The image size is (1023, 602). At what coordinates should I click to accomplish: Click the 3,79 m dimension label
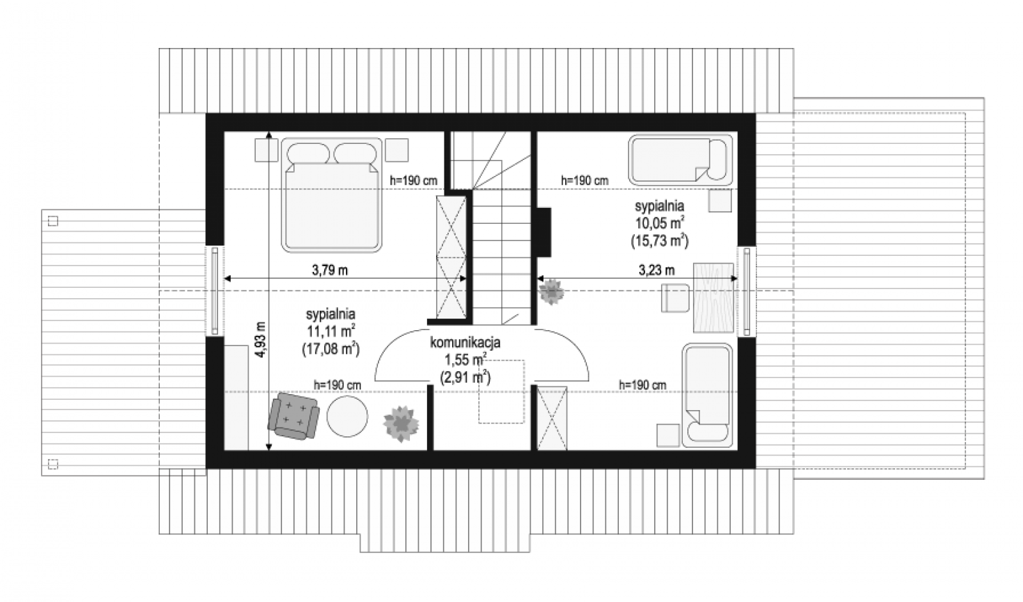330,270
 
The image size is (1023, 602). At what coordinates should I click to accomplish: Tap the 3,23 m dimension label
656,270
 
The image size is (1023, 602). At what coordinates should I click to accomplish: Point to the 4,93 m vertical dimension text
260,340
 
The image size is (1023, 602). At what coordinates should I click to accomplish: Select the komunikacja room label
465,342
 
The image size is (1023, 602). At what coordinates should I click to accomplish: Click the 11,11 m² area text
331,331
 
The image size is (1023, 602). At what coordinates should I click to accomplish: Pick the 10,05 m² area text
660,223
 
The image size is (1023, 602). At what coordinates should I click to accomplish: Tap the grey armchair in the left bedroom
293,416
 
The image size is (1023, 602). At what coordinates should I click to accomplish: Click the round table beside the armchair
347,416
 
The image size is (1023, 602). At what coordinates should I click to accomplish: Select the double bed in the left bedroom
332,195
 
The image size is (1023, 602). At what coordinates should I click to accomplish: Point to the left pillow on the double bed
308,153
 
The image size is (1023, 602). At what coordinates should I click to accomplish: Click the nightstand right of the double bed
396,150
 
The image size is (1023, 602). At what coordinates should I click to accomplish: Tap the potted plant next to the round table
401,424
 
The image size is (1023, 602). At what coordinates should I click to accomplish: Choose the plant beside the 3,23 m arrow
551,292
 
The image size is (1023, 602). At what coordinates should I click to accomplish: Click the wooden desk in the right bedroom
714,297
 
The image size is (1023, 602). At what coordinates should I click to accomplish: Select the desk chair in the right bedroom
675,298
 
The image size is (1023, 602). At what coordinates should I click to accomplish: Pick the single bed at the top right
680,159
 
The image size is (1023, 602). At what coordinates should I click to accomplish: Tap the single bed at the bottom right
707,395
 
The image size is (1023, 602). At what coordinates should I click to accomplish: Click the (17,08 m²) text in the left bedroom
331,349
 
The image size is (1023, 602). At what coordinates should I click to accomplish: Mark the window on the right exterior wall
747,291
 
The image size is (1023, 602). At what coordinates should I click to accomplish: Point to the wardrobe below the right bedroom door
552,418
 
